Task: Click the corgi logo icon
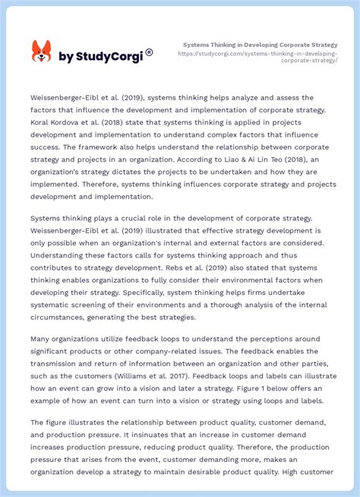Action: coord(41,52)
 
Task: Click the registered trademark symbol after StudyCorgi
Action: coord(149,52)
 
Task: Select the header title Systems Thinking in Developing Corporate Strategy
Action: coord(261,45)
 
